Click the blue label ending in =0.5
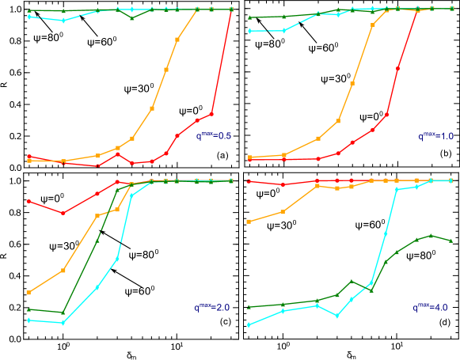pos(213,136)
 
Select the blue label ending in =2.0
pos(211,307)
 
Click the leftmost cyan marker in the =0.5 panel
pos(29,17)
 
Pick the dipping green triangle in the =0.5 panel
pos(132,17)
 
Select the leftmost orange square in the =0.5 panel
pos(29,161)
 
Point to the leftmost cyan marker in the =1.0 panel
pos(249,31)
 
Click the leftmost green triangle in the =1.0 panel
pos(249,17)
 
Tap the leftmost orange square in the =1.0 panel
pos(249,157)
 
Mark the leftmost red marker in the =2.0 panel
pos(29,201)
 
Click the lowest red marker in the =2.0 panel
pos(63,213)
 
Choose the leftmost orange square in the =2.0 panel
pos(29,292)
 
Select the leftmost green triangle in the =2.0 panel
pos(29,309)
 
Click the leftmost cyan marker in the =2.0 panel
pos(29,320)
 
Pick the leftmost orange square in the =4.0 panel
pos(249,222)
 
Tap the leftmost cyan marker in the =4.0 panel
pos(249,324)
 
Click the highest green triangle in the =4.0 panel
pos(431,235)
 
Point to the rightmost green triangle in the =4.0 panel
pos(450,240)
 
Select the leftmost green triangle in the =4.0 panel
pos(249,306)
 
